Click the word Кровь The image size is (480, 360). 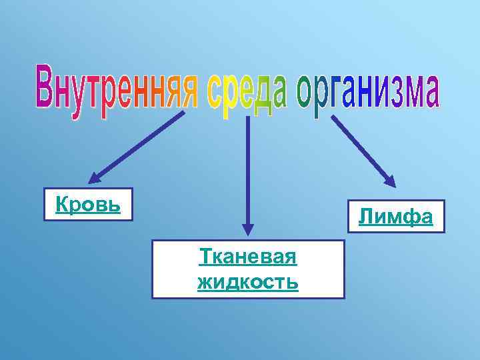point(88,205)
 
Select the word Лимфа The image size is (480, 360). point(396,216)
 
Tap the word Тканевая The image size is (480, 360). point(248,257)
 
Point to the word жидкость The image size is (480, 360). point(248,281)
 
